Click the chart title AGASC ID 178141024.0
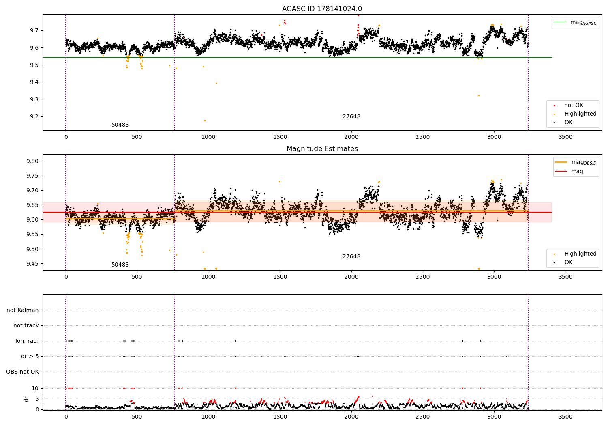pyautogui.click(x=322, y=9)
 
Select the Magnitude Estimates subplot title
pyautogui.click(x=322, y=148)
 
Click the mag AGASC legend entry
pyautogui.click(x=576, y=22)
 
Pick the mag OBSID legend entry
pyautogui.click(x=576, y=162)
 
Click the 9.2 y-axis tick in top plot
pyautogui.click(x=34, y=116)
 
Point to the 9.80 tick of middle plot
pyautogui.click(x=32, y=161)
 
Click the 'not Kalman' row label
pyautogui.click(x=23, y=310)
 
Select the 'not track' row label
pyautogui.click(x=26, y=325)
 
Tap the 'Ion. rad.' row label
pyautogui.click(x=27, y=341)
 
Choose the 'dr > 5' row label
pyautogui.click(x=30, y=356)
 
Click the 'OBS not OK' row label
pyautogui.click(x=23, y=372)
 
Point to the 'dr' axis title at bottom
pyautogui.click(x=26, y=399)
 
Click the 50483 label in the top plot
pyautogui.click(x=120, y=125)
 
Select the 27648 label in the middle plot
pyautogui.click(x=351, y=256)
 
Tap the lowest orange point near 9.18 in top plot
pyautogui.click(x=205, y=120)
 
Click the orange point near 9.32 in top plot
pyautogui.click(x=479, y=96)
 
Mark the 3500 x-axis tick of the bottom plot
pyautogui.click(x=565, y=417)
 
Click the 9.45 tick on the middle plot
pyautogui.click(x=32, y=264)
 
